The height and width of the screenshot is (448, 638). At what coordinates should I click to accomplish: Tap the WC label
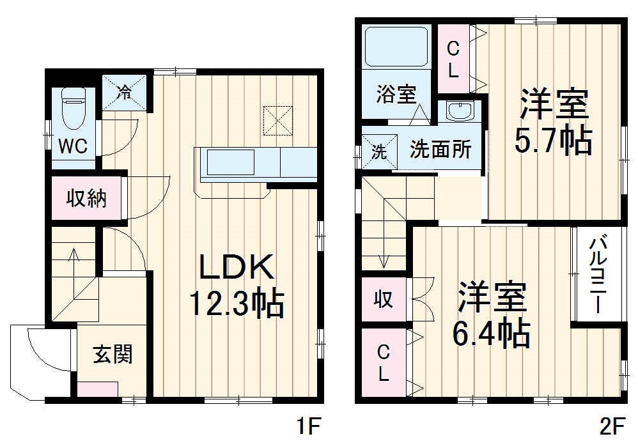point(73,146)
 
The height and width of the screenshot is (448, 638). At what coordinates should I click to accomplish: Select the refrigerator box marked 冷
point(125,92)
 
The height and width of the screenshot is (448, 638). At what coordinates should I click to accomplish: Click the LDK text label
point(237,268)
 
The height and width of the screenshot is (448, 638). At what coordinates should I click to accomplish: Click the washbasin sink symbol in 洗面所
point(458,111)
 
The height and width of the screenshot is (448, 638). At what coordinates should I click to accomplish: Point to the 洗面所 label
point(440,150)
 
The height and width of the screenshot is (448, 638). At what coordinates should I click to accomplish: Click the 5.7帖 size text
point(553,141)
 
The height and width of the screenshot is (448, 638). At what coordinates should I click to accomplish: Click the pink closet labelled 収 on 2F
point(382,299)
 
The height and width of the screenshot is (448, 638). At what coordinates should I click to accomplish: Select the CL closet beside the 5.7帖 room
point(453,58)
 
